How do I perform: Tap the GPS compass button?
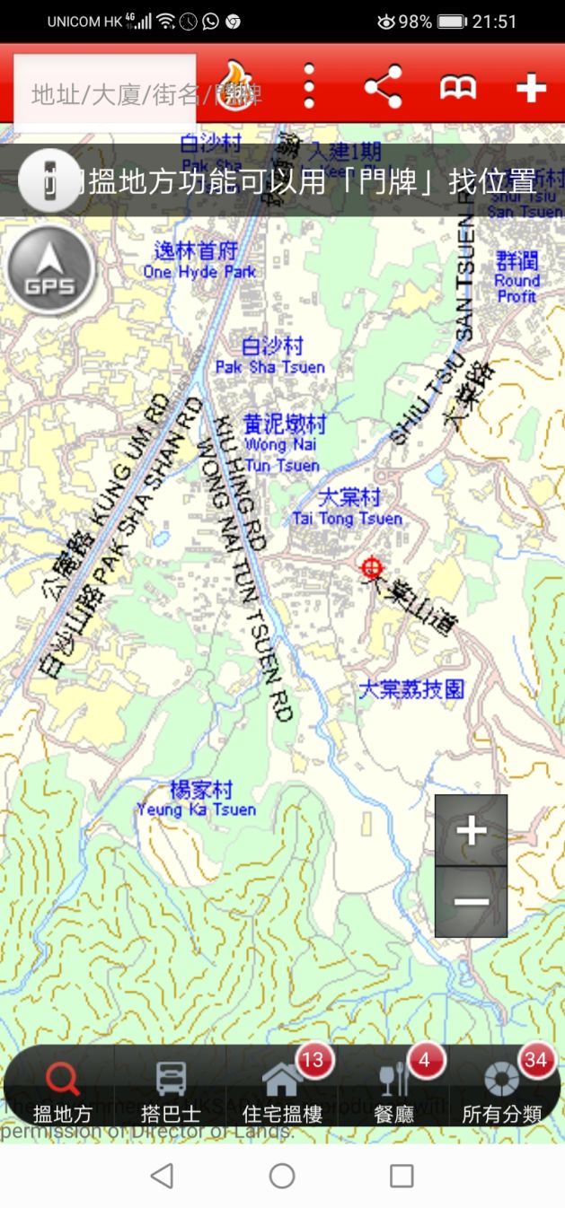50,269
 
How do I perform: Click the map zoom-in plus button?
471,830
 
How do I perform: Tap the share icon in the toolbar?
383,88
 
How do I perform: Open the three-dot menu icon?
309,87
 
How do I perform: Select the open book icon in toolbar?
457,88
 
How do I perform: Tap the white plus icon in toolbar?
531,88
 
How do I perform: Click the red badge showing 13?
312,1060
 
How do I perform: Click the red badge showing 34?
535,1060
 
